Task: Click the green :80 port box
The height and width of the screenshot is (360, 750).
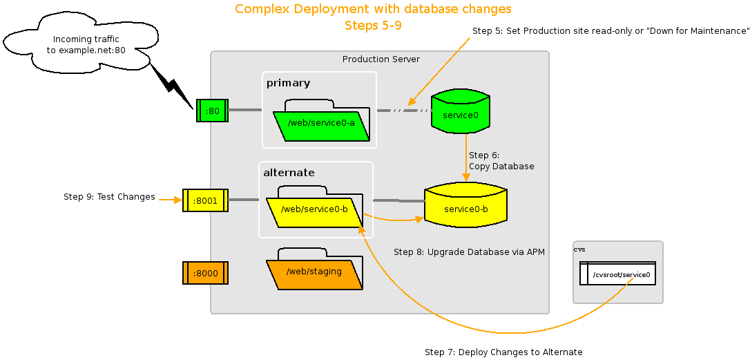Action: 212,111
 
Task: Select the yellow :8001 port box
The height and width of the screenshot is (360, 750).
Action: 205,200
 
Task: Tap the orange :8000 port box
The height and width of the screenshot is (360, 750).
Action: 205,273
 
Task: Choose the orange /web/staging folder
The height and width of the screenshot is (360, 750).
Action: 314,272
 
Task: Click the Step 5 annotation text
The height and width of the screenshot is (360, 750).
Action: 610,31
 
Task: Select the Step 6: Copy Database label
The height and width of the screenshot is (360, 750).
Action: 501,161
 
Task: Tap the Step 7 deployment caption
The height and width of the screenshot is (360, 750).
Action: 503,352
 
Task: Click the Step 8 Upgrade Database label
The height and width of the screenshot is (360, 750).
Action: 469,252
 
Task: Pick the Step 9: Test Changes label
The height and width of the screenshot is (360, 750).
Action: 109,197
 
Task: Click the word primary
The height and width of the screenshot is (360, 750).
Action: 288,83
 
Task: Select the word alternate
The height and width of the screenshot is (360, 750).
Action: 289,173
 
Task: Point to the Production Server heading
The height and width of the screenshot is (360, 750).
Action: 381,59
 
